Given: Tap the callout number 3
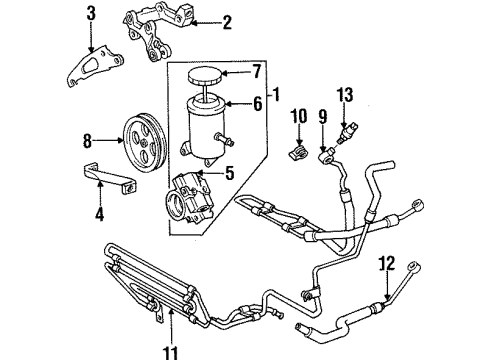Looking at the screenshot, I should (x=92, y=13).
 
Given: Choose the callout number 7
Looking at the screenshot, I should (x=255, y=72).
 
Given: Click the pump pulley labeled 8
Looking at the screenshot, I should (x=143, y=136).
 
